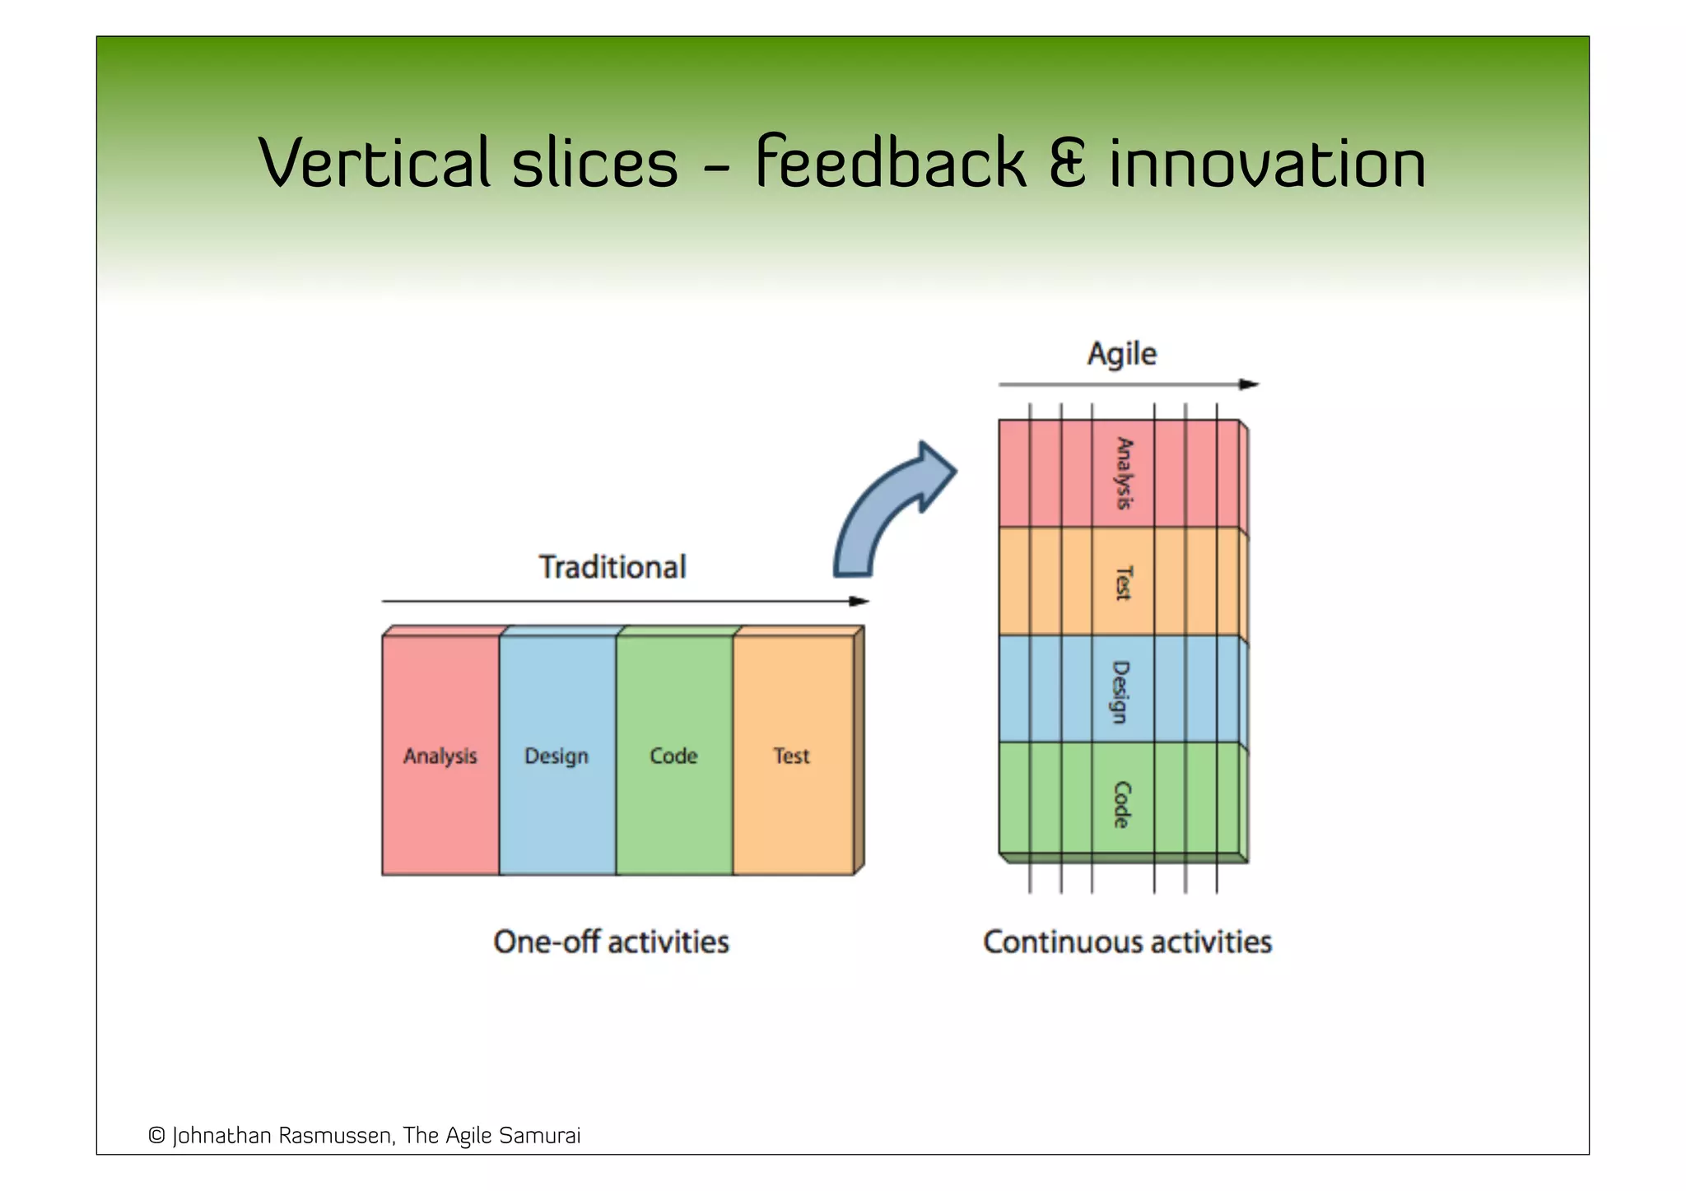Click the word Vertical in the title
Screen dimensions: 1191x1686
pyautogui.click(x=375, y=162)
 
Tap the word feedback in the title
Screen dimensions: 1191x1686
pyautogui.click(x=890, y=162)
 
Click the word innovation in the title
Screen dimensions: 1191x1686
pyautogui.click(x=1268, y=162)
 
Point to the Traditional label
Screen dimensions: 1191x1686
pyautogui.click(x=612, y=567)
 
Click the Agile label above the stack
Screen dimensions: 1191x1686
pyautogui.click(x=1122, y=354)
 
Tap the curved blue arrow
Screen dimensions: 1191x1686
pyautogui.click(x=889, y=510)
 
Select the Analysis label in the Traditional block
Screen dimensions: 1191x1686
pyautogui.click(x=440, y=756)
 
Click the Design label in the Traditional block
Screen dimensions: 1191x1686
pyautogui.click(x=557, y=756)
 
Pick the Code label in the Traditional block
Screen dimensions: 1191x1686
pyautogui.click(x=673, y=756)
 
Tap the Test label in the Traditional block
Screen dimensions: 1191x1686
pyautogui.click(x=791, y=756)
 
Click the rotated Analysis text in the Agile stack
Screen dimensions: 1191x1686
pyautogui.click(x=1124, y=473)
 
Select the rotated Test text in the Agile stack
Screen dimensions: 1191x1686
pyautogui.click(x=1123, y=582)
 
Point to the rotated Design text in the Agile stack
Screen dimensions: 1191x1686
pyautogui.click(x=1121, y=691)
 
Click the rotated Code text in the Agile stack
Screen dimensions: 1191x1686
pyautogui.click(x=1121, y=804)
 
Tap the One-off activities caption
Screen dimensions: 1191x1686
pyautogui.click(x=611, y=942)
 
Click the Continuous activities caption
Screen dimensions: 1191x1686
pyautogui.click(x=1127, y=942)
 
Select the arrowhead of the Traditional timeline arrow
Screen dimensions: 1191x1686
pyautogui.click(x=859, y=602)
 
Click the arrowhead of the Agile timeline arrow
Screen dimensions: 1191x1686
pyautogui.click(x=1249, y=384)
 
